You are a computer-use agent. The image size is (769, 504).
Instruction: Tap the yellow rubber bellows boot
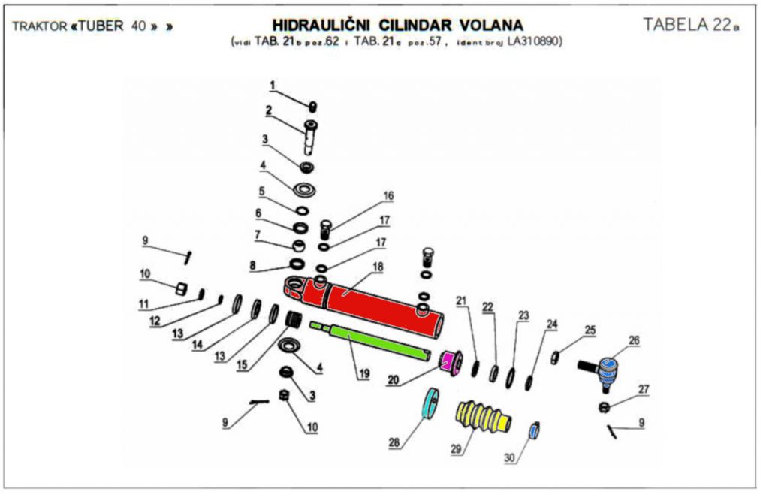click(484, 418)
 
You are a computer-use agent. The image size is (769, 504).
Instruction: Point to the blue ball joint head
click(611, 370)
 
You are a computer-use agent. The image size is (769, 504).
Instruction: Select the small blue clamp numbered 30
click(535, 431)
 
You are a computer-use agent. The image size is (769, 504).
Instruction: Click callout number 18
click(377, 267)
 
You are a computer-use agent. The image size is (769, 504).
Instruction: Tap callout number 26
click(635, 340)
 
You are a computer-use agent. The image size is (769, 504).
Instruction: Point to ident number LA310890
click(535, 41)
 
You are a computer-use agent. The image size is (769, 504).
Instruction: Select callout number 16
click(388, 195)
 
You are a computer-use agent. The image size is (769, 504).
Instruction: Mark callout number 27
click(643, 389)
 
